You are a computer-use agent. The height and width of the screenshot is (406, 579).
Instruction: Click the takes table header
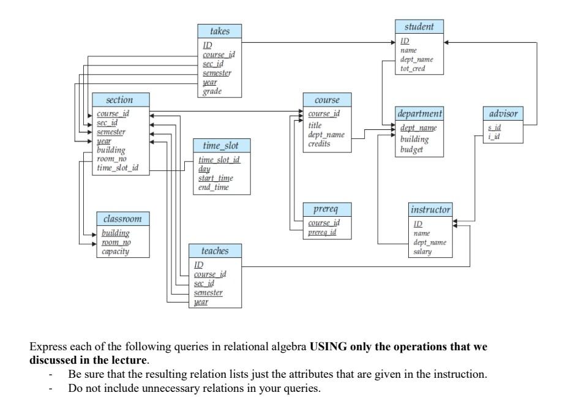click(x=220, y=31)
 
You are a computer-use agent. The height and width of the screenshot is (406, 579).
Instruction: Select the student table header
click(x=419, y=27)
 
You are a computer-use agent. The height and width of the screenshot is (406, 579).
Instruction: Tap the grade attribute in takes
click(x=212, y=91)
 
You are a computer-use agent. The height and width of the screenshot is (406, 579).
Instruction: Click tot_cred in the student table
click(x=413, y=69)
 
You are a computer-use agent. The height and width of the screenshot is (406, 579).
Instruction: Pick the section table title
click(x=120, y=100)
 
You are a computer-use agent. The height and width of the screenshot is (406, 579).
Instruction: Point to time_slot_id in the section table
click(x=118, y=168)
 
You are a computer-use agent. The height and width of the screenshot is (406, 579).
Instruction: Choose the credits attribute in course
click(x=319, y=144)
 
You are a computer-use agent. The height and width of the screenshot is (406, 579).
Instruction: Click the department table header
click(x=419, y=114)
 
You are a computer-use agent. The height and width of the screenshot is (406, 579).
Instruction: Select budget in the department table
click(x=411, y=149)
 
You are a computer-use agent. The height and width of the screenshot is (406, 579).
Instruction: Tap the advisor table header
click(x=504, y=113)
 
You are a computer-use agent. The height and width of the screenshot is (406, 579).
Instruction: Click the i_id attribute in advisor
click(x=493, y=136)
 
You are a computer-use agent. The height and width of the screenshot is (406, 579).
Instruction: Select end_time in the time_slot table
click(x=213, y=187)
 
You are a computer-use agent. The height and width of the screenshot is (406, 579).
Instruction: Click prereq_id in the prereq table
click(x=321, y=231)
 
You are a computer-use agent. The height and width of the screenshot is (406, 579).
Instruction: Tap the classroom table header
click(x=122, y=219)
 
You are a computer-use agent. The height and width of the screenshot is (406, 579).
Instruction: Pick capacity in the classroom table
click(x=115, y=251)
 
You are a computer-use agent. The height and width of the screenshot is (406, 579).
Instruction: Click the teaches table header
click(x=215, y=251)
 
